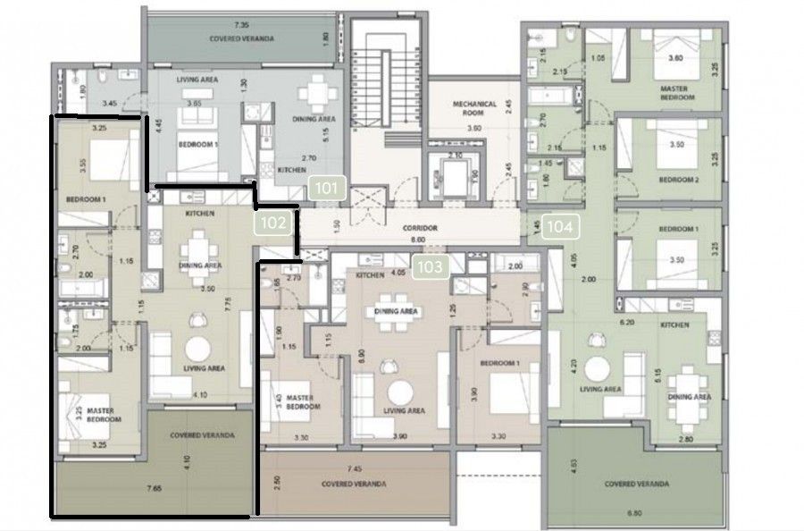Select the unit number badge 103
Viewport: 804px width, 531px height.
[x=431, y=265]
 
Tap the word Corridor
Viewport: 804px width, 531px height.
[x=418, y=229]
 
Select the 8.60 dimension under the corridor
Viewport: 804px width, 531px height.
[x=418, y=240]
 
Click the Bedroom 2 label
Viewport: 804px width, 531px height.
[x=678, y=178]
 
